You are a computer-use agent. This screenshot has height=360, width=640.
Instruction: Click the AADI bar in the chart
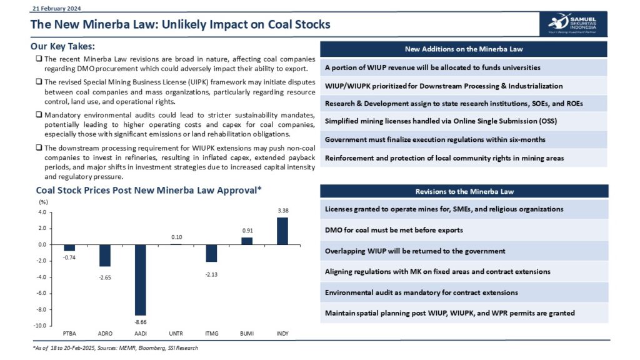point(140,279)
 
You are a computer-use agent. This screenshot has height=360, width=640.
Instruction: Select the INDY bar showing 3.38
point(282,231)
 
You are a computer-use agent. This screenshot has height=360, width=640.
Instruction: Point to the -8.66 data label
point(140,321)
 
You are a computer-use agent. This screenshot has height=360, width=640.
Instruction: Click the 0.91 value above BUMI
point(247,231)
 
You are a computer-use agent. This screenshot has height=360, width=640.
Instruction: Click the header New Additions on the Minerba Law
point(463,49)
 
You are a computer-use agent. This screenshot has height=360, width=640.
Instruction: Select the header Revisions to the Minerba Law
point(463,191)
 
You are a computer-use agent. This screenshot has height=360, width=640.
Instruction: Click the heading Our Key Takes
point(62,46)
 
